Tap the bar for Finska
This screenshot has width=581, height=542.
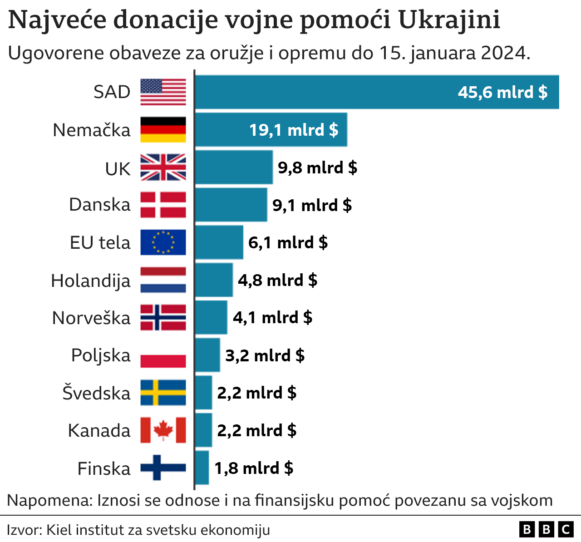(x=202, y=468)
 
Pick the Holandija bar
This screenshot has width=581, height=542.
(x=214, y=280)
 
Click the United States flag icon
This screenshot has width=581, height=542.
(x=163, y=92)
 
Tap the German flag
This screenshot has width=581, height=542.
(x=163, y=130)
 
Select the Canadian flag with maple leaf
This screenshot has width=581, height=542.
(x=163, y=430)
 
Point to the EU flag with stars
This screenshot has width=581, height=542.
(x=163, y=242)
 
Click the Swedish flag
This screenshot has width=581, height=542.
(x=163, y=393)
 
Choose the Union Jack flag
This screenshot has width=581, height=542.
(x=163, y=168)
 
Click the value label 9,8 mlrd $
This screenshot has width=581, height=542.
(x=317, y=168)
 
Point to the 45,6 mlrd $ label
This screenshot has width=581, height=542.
(x=502, y=93)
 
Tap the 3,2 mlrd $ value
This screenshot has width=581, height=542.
(x=265, y=355)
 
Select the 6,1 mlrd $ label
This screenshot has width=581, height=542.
(x=288, y=243)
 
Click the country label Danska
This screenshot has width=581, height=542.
(x=100, y=205)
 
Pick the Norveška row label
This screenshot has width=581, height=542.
(x=91, y=318)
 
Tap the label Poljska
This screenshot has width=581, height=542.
(x=101, y=355)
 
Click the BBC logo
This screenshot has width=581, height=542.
(x=546, y=529)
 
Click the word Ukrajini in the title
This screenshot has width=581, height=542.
(x=449, y=20)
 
